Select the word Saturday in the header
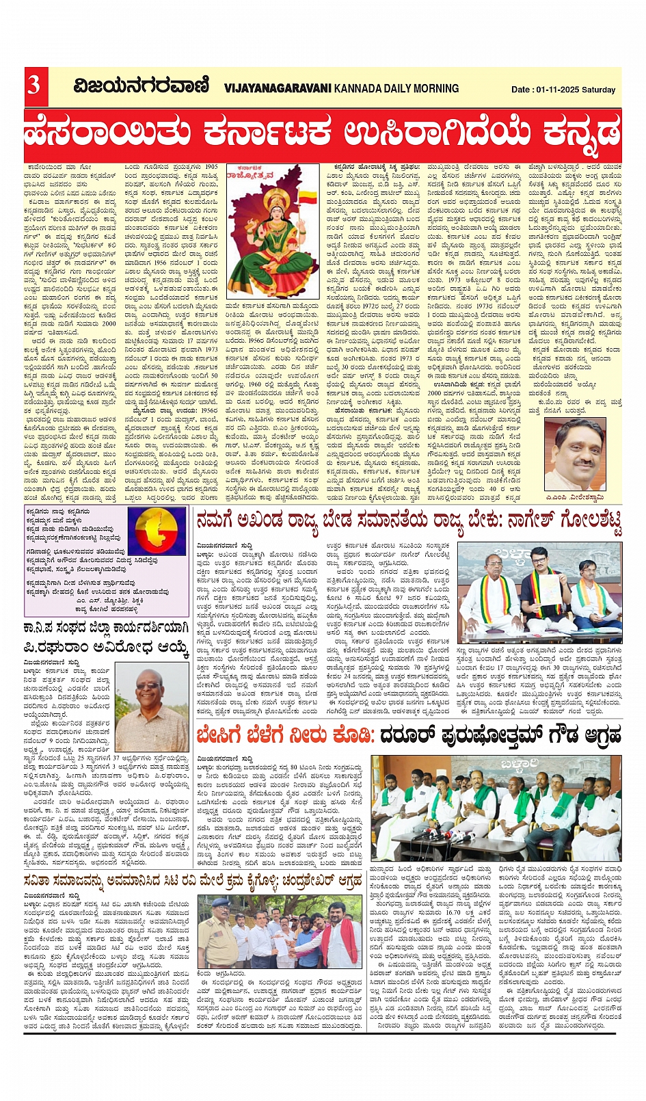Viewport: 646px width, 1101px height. [x=598, y=90]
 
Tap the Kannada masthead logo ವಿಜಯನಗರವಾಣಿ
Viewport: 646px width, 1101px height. [x=142, y=87]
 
